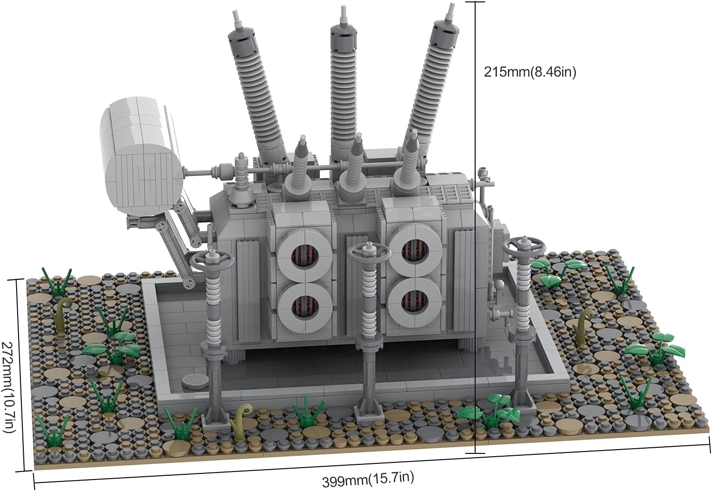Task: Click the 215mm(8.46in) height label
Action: [x=530, y=72]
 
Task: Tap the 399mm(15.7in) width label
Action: [x=368, y=479]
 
